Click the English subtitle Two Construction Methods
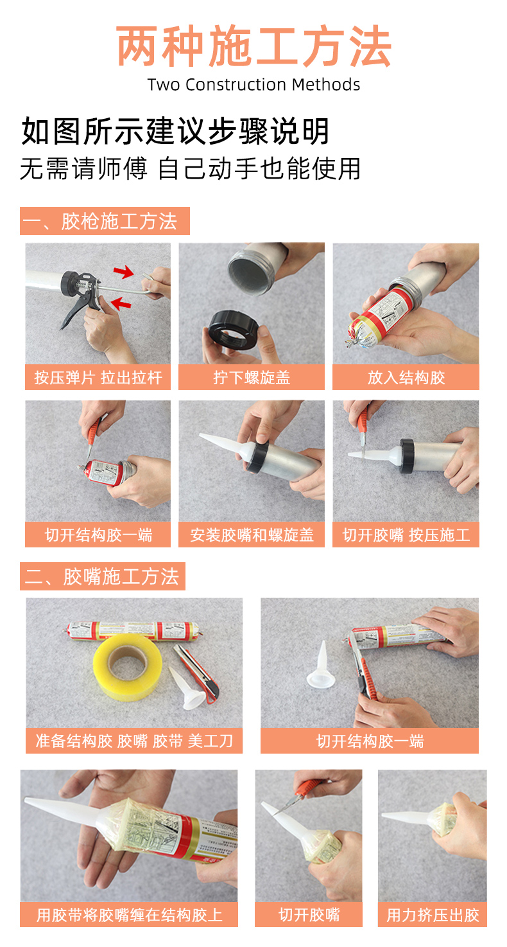(253, 85)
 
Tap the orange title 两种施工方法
(253, 46)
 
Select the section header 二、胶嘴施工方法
(102, 576)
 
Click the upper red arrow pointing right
(123, 271)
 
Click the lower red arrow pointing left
(121, 303)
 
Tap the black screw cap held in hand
(233, 330)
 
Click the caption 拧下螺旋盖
(252, 377)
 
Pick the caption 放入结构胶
(406, 377)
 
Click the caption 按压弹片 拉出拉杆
(98, 377)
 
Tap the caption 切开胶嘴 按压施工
(406, 535)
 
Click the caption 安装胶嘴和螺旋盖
(252, 535)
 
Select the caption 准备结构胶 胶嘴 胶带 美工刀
(134, 741)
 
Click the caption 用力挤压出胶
(433, 915)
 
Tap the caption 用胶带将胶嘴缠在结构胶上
(129, 915)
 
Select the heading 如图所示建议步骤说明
(175, 131)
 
